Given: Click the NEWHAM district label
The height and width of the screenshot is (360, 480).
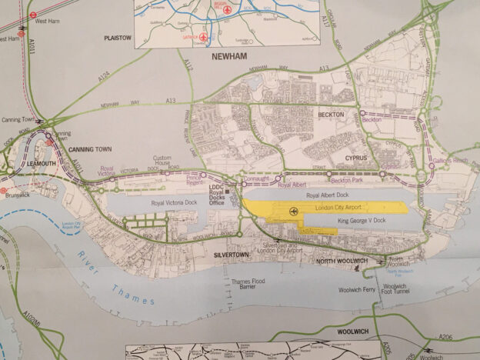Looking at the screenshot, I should pyautogui.click(x=224, y=56).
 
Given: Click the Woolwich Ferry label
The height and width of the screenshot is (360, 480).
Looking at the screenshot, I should pyautogui.click(x=358, y=290).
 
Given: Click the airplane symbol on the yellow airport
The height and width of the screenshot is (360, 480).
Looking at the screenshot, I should pyautogui.click(x=293, y=209).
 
